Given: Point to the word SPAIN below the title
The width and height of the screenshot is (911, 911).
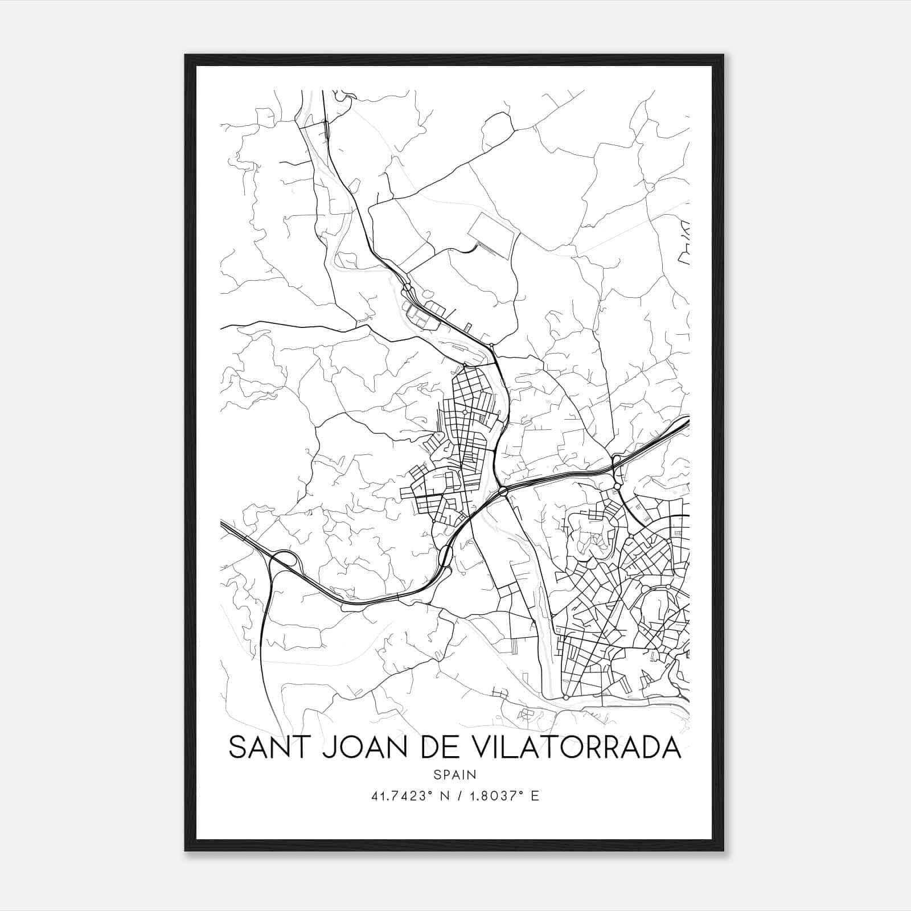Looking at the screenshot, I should (x=454, y=775).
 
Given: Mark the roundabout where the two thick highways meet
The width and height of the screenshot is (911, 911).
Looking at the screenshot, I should (x=503, y=491).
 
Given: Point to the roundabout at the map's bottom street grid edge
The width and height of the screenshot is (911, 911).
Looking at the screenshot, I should (x=565, y=697).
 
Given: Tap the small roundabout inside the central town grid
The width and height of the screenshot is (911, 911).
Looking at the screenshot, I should (x=465, y=412).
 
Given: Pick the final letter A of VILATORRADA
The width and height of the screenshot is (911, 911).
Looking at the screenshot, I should (x=672, y=748).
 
